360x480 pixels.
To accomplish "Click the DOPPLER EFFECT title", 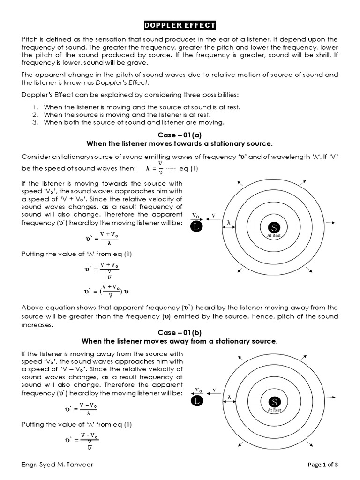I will pyautogui.click(x=180, y=25).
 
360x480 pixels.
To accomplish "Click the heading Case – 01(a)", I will pyautogui.click(x=180, y=135).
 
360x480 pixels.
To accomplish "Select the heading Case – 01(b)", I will pyautogui.click(x=180, y=332).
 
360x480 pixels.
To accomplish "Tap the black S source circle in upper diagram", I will pyautogui.click(x=274, y=227).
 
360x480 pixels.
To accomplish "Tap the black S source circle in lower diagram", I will pyautogui.click(x=274, y=402).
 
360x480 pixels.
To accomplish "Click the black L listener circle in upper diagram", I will pyautogui.click(x=197, y=227).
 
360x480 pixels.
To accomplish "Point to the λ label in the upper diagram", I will pyautogui.click(x=229, y=222).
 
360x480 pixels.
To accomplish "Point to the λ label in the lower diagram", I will pyautogui.click(x=229, y=397).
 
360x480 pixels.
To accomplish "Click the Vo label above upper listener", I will pyautogui.click(x=196, y=216).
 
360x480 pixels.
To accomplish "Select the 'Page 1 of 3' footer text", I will pyautogui.click(x=322, y=465).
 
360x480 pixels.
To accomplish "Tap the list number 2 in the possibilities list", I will pyautogui.click(x=35, y=115).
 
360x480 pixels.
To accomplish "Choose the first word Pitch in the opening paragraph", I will pyautogui.click(x=30, y=39).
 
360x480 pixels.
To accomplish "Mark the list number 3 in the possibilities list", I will pyautogui.click(x=35, y=123).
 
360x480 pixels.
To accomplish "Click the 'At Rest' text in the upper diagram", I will pyautogui.click(x=274, y=236).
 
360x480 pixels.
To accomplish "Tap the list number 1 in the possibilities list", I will pyautogui.click(x=35, y=107).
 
